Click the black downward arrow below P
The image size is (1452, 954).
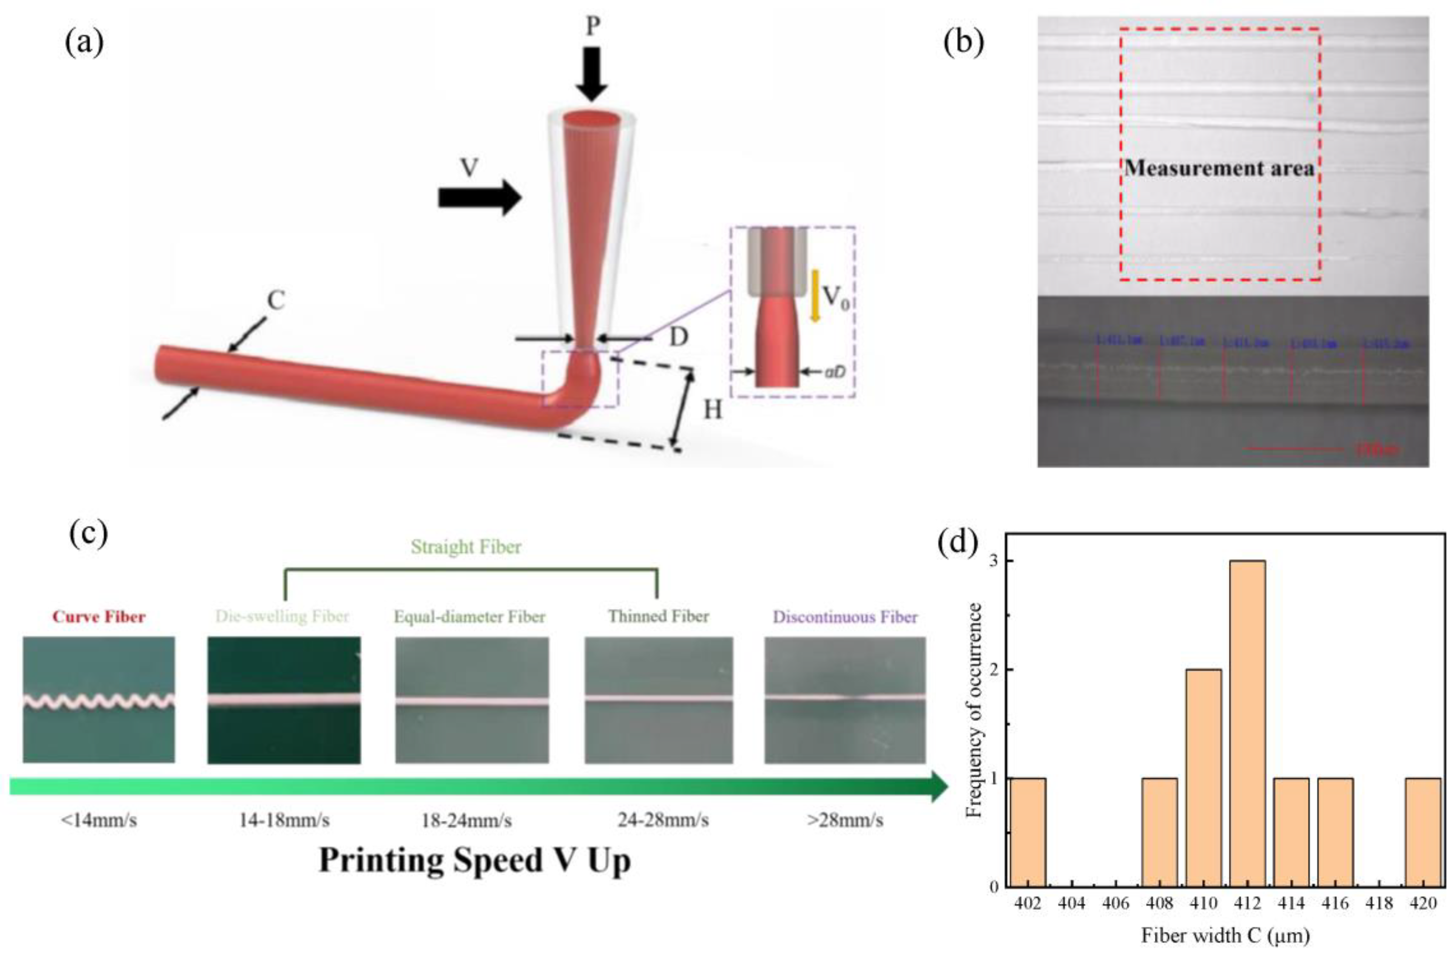(591, 73)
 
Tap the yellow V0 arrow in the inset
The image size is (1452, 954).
(814, 296)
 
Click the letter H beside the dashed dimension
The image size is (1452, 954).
(713, 410)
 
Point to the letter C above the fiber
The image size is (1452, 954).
(276, 300)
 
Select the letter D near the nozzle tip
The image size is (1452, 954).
(679, 337)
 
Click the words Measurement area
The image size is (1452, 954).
(1219, 168)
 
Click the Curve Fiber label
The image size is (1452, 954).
(99, 617)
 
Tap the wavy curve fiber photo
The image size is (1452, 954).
(99, 700)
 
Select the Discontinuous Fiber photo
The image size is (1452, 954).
(845, 700)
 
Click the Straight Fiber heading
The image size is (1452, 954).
(466, 547)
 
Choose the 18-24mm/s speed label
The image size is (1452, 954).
(467, 821)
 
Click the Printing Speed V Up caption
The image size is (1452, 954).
(475, 860)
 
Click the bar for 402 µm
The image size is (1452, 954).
(1028, 832)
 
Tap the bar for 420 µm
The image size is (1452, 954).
(1423, 832)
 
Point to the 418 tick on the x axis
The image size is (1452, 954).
(1379, 903)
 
